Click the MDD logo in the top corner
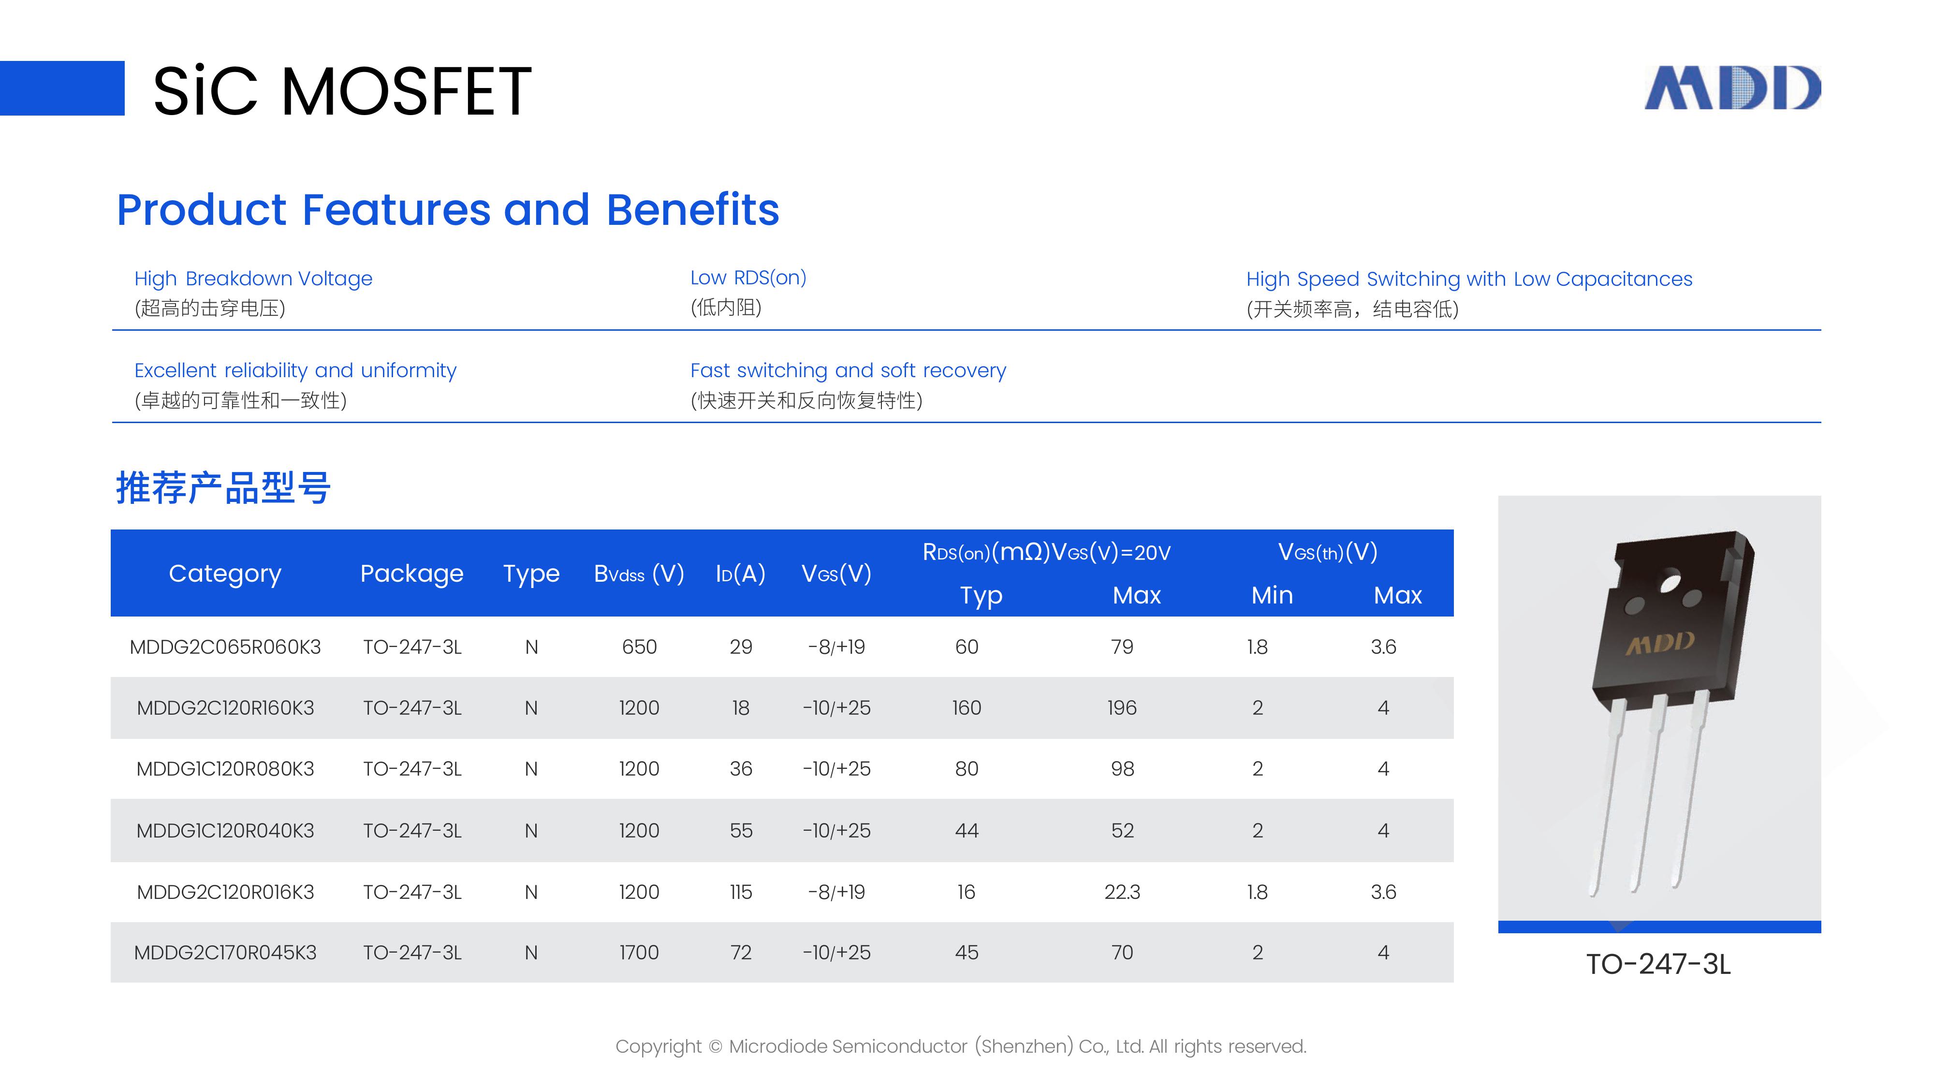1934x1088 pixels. point(1733,88)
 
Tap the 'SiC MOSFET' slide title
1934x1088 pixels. point(342,91)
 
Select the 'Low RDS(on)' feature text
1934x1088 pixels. point(748,278)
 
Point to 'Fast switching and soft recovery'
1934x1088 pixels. point(848,370)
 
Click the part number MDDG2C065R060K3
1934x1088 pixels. point(225,647)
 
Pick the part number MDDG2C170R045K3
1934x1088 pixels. point(225,953)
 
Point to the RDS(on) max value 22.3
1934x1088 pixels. point(1122,892)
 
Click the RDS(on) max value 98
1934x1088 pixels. point(1122,769)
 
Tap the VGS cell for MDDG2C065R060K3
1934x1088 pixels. point(836,647)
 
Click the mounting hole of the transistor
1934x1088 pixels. point(1670,583)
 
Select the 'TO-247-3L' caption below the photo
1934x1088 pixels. point(1658,965)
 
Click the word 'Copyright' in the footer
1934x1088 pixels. point(659,1047)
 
